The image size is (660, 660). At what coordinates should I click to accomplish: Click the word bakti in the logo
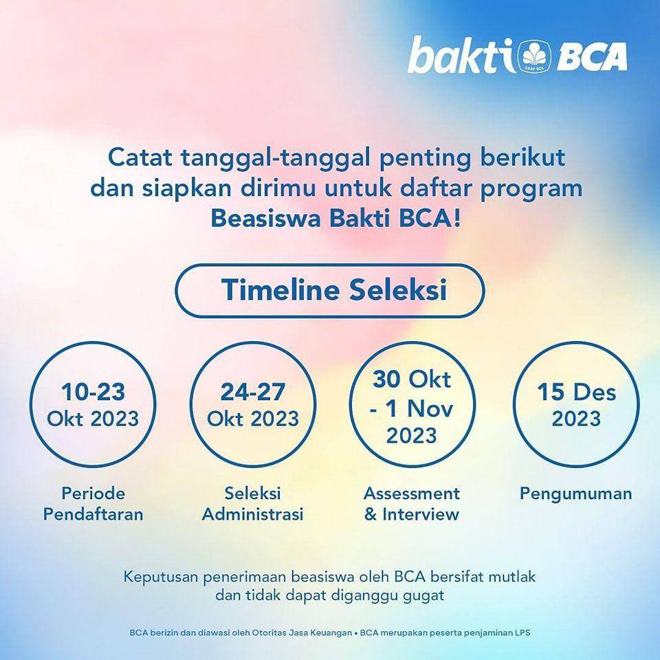[x=461, y=55]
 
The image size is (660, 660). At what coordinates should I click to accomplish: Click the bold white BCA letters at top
[x=592, y=56]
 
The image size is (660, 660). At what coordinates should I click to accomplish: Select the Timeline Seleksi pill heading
[x=330, y=290]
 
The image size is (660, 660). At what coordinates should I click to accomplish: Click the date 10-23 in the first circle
[x=93, y=392]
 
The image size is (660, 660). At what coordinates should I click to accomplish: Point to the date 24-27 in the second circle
[x=252, y=392]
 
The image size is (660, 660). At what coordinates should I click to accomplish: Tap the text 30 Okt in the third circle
[x=412, y=379]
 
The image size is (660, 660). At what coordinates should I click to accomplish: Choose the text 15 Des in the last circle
[x=576, y=392]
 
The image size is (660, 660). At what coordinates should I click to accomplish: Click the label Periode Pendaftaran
[x=93, y=503]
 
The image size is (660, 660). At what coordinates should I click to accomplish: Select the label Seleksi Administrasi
[x=252, y=503]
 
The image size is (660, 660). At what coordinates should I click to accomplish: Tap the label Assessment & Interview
[x=412, y=503]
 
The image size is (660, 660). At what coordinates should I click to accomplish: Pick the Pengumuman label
[x=576, y=494]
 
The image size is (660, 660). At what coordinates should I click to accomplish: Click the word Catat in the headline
[x=140, y=158]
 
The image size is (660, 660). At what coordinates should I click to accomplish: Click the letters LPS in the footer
[x=522, y=632]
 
